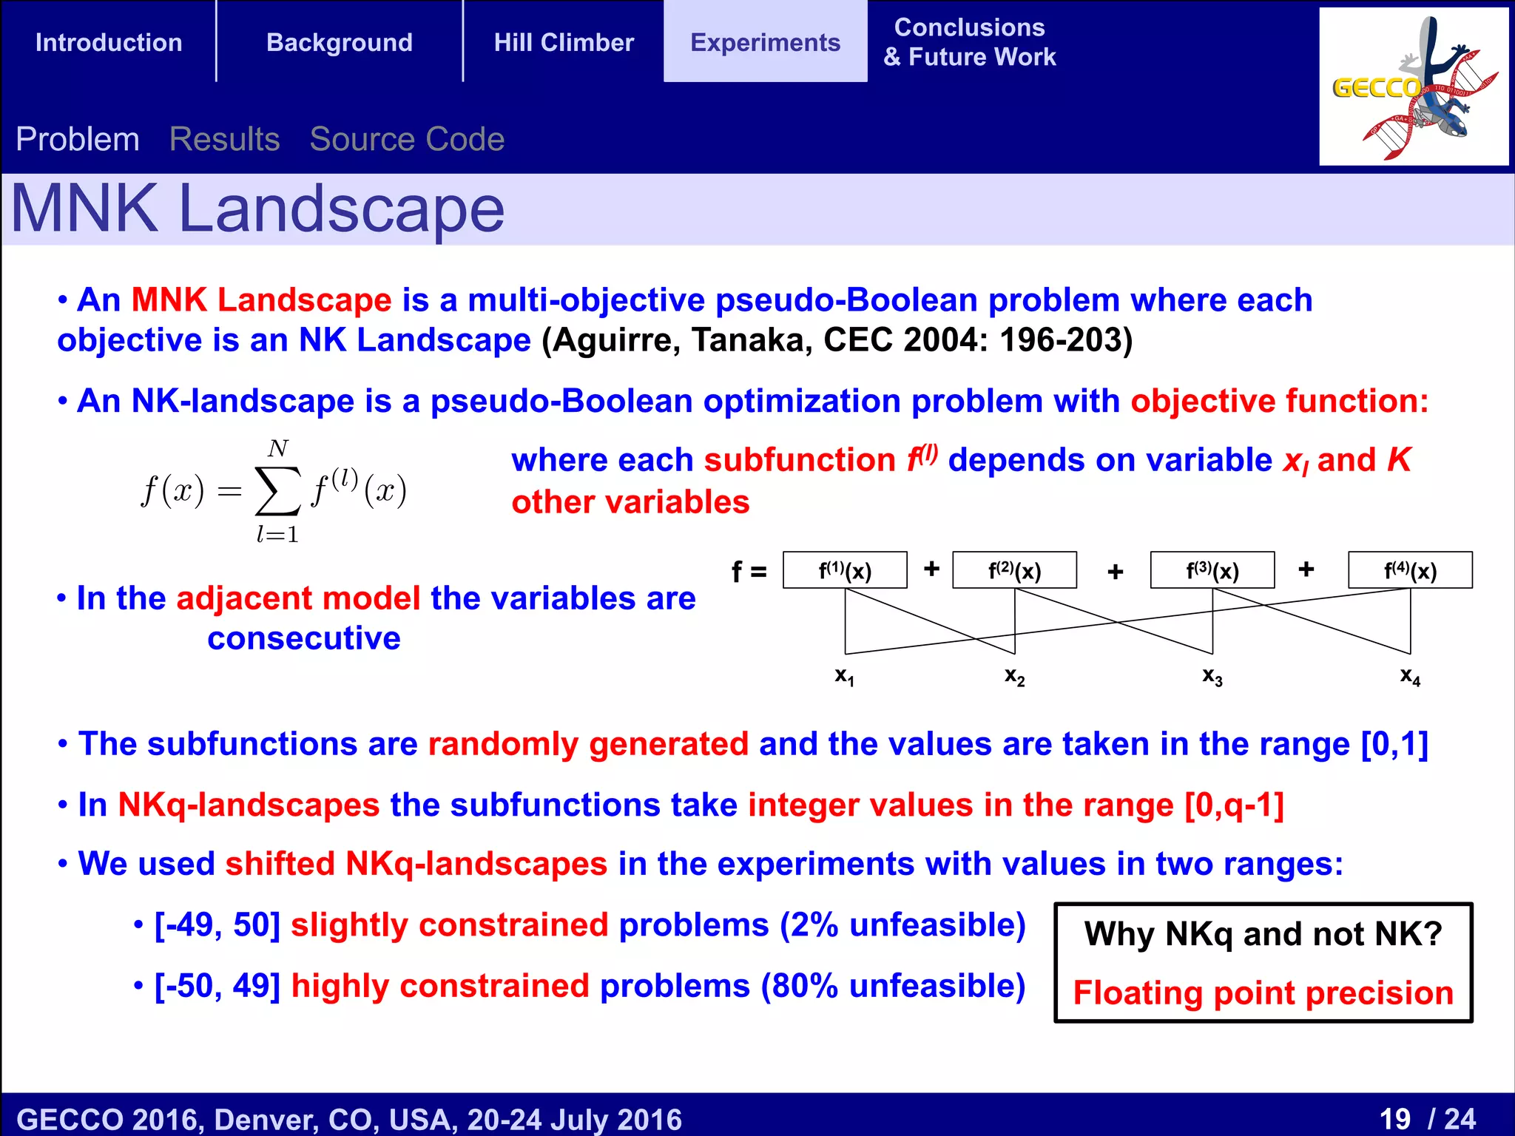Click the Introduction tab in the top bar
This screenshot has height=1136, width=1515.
click(109, 42)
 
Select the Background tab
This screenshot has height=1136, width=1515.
click(340, 42)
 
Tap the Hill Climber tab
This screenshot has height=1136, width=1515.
click(564, 42)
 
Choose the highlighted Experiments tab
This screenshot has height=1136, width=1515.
click(765, 42)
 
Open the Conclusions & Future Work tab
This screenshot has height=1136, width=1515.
click(970, 42)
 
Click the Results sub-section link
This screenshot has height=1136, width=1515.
click(224, 139)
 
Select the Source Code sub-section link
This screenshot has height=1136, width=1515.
click(407, 139)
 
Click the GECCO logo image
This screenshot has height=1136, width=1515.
click(1414, 87)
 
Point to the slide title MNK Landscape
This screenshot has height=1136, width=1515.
click(257, 209)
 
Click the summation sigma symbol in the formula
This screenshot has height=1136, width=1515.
click(277, 490)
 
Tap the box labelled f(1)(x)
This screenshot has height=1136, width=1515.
click(845, 570)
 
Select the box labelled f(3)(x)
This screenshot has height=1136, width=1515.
click(1212, 570)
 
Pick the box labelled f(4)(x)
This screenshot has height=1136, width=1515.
click(1410, 570)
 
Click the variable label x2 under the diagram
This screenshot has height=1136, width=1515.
click(1015, 676)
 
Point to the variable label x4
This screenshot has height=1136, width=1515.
click(1410, 676)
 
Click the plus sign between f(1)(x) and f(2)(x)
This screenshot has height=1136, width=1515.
click(931, 569)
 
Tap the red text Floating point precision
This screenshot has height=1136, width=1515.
click(1263, 993)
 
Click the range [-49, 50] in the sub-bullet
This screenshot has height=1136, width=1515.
click(217, 925)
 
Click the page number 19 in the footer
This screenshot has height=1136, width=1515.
click(1395, 1118)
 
